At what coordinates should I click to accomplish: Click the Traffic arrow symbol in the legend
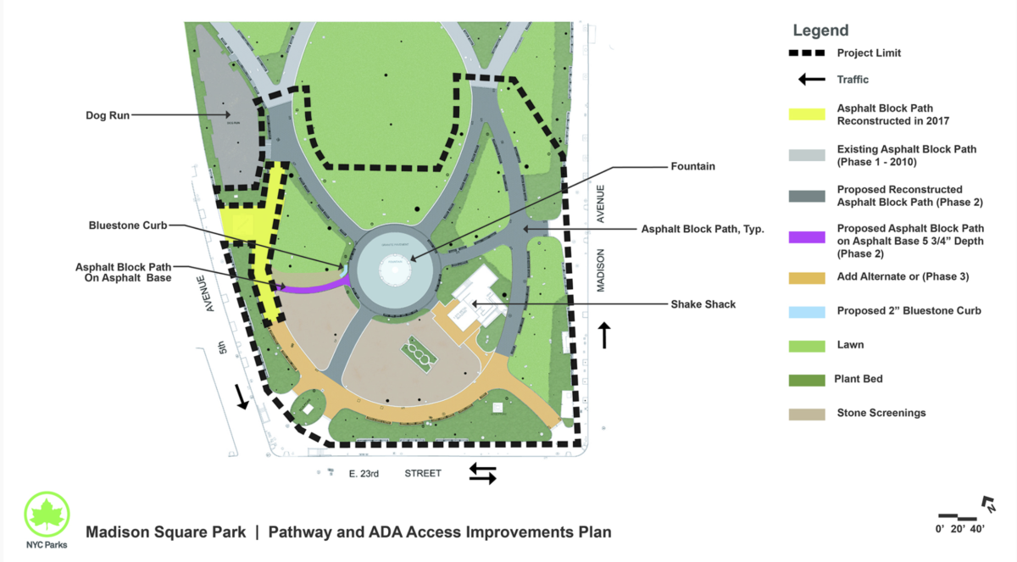811,80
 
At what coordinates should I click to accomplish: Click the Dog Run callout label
108,115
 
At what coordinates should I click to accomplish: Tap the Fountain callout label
692,167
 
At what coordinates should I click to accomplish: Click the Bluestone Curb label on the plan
128,225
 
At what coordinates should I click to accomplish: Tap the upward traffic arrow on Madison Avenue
604,335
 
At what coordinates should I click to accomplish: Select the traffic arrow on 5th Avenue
242,396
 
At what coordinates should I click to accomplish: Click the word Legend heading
820,31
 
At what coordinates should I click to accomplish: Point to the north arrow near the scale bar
988,505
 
